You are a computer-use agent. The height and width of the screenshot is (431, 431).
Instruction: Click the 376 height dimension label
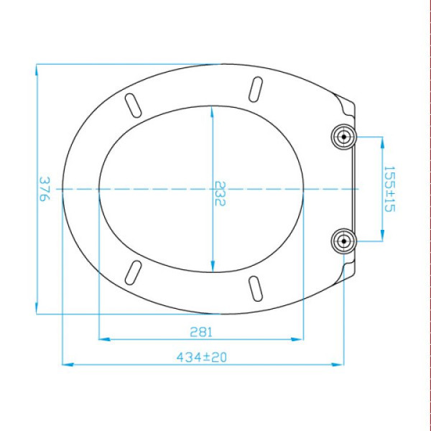45,189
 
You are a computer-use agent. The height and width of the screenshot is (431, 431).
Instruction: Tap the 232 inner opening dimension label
220,193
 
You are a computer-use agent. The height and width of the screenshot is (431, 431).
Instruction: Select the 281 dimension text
201,332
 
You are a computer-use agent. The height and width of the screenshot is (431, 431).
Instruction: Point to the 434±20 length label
202,357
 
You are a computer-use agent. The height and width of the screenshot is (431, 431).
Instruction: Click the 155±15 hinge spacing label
389,189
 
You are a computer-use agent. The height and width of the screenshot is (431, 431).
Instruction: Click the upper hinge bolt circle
343,136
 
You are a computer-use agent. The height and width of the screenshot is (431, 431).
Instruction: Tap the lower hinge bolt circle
343,241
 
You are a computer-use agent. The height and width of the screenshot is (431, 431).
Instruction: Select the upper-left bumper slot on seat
134,106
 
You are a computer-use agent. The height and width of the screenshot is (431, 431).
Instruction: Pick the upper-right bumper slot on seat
256,89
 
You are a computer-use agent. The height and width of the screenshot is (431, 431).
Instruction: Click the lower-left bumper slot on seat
134,272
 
